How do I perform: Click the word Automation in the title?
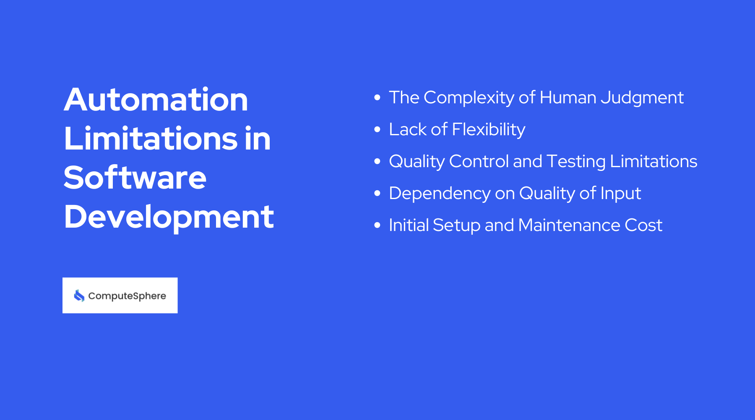coord(156,100)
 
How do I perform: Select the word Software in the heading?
coord(135,178)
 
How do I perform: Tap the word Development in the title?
coord(169,217)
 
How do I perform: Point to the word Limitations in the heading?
coord(150,139)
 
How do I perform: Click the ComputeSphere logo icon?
coord(79,296)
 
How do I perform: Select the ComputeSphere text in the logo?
coord(127,296)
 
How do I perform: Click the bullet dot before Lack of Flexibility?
coord(377,129)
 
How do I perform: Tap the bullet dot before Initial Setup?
coord(377,225)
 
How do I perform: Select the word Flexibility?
coord(489,130)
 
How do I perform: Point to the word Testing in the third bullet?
coord(576,162)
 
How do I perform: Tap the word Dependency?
coord(440,194)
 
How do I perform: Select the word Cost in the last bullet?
coord(643,226)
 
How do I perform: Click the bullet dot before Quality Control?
coord(377,161)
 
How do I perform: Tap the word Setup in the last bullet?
coord(456,226)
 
